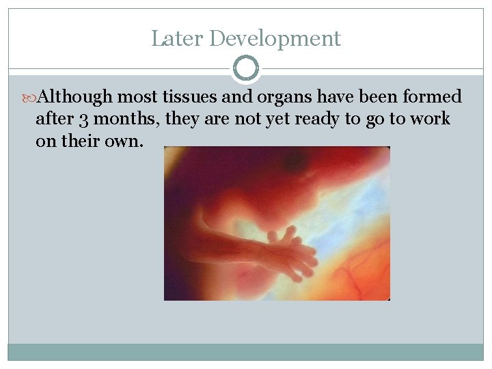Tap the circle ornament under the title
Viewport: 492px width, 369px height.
tap(246, 68)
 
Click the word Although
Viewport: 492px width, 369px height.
tap(73, 97)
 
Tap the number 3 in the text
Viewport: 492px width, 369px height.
tap(83, 119)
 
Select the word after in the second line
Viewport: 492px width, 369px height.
tap(54, 119)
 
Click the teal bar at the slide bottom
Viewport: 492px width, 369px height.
tap(246, 351)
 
